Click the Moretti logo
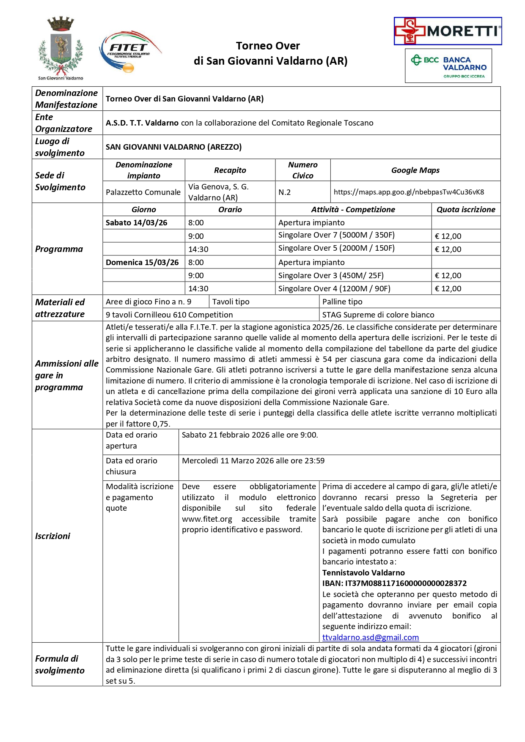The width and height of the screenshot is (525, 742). pos(448,31)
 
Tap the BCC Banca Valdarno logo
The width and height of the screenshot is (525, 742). pos(448,66)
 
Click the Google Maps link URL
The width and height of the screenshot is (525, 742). pos(409,192)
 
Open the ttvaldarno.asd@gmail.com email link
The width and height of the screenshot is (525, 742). pos(370,637)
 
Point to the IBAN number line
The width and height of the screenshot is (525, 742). pos(394,583)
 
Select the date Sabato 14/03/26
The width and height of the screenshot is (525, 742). pos(137,223)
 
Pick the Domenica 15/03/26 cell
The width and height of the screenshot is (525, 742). pos(142,262)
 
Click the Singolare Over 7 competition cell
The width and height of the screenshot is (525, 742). pos(336,235)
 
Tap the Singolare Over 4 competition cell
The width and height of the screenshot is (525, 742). pos(334,289)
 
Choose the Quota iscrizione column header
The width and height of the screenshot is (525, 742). pos(466,210)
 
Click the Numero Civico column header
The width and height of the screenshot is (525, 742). pos(302,170)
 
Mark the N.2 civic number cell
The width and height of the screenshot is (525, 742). pos(285,192)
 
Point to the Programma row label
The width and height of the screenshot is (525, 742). pos(59,249)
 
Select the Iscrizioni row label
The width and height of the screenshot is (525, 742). pos(52,536)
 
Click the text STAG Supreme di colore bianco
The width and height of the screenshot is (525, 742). pos(378,315)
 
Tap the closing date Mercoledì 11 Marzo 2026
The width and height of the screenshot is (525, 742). pos(253,461)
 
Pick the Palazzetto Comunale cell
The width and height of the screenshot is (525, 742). pos(143,192)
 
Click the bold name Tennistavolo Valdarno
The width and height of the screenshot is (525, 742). pos(363,573)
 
